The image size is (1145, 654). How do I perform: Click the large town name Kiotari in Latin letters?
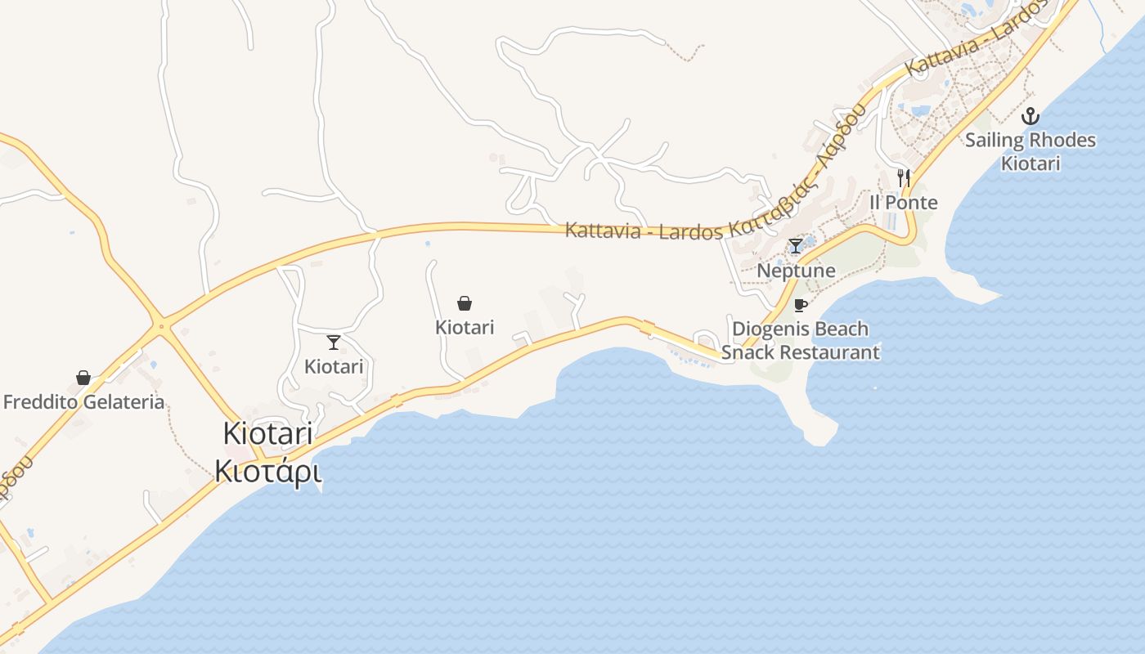coord(267,433)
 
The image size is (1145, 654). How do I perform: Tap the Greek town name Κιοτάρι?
coord(267,472)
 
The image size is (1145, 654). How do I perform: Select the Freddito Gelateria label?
coord(83,402)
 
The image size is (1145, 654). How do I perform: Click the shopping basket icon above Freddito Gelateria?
coord(83,378)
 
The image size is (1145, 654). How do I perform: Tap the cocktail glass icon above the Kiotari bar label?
coord(334,343)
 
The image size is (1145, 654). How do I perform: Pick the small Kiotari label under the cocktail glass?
coord(334,367)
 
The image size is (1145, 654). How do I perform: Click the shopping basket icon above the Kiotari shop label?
coord(465,304)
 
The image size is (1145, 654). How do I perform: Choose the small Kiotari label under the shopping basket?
coord(465,328)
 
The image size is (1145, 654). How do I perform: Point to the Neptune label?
coord(796,271)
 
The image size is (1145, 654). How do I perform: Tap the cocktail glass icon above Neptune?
coord(796,246)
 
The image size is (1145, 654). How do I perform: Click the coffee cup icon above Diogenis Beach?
coord(801,306)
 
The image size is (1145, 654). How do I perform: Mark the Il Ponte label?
coord(903,202)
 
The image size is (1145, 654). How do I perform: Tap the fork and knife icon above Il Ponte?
coord(903,177)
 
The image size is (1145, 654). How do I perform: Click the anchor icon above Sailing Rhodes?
coord(1030,116)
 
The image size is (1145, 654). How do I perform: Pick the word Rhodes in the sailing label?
coord(1062,141)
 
